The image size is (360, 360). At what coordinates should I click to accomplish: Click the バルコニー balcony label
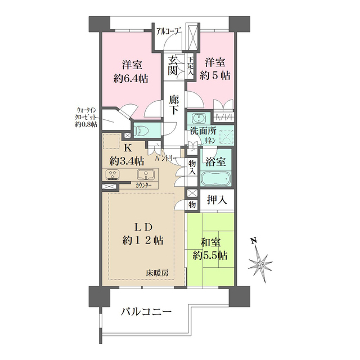point(146,312)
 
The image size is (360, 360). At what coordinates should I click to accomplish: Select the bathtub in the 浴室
point(215,178)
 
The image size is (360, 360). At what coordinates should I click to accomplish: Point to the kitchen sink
point(145,174)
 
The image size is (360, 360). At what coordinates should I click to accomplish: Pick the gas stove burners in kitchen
point(112,174)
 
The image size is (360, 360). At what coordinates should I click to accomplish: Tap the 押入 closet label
point(217,200)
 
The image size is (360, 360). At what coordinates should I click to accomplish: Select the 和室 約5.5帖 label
point(210,249)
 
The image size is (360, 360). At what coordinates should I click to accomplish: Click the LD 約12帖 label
point(143,234)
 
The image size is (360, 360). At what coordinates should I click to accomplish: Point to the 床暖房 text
point(157,273)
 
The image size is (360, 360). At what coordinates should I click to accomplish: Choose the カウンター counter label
point(143,186)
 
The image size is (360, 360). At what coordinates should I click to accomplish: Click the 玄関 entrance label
point(173,66)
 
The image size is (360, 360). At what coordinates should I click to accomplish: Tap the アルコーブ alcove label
point(169,31)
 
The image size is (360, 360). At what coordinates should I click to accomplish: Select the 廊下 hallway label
point(174,105)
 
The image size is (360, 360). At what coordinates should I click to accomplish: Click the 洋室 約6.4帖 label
point(130,71)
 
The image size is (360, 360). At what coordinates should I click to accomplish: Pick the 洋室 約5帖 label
point(215,69)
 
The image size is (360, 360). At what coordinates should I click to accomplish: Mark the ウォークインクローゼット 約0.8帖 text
point(86,117)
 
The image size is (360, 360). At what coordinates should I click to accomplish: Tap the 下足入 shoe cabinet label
point(191,66)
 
